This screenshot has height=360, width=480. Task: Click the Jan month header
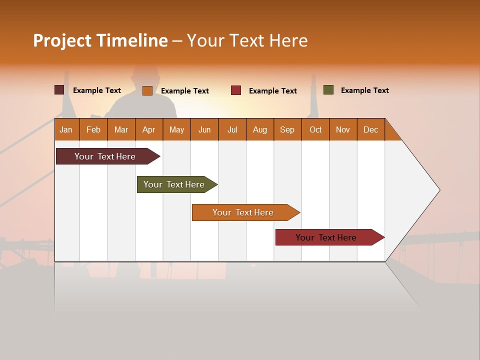coord(66,129)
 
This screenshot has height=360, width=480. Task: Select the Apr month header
coord(148,129)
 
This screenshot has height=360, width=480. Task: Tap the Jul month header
coord(232,129)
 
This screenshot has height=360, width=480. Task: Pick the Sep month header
coord(287,129)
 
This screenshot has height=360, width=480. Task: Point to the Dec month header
coord(370,129)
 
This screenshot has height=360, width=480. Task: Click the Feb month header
coord(93,129)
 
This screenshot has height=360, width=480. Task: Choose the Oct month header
coord(315,129)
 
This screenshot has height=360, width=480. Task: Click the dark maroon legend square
coord(59,90)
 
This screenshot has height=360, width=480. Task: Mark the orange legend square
coord(147,90)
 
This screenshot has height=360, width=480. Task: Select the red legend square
coord(236,90)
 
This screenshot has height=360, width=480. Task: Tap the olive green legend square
coord(328,90)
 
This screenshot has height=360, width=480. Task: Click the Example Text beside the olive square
coord(364,90)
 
